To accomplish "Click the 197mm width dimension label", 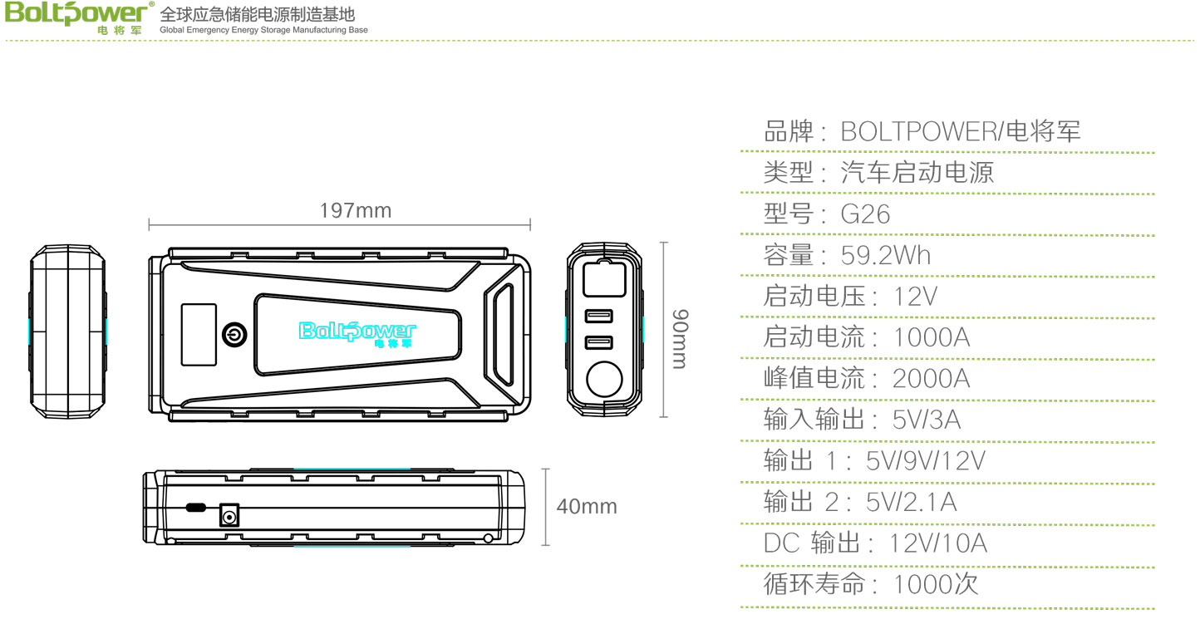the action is tap(355, 210).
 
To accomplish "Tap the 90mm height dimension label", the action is tap(680, 339).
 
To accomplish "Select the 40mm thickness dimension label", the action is tap(587, 506).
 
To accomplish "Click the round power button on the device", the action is tap(234, 335).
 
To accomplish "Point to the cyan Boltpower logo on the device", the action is tap(357, 334).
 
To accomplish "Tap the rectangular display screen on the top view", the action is tap(199, 335).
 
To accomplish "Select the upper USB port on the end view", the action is tap(598, 316).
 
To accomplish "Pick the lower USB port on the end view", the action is tap(598, 342).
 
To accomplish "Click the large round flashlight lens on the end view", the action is tap(604, 379).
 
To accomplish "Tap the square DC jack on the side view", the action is tap(229, 516).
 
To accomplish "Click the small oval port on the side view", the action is tap(195, 507).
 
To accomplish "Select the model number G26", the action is tap(865, 214).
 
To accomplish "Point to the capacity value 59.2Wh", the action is tap(886, 255).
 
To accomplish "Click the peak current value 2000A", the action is tap(931, 379).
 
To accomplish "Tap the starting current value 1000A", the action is tap(932, 337).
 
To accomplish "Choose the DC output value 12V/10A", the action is tap(938, 543).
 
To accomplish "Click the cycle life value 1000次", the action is tap(936, 583).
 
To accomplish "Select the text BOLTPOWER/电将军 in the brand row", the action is tap(961, 132).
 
